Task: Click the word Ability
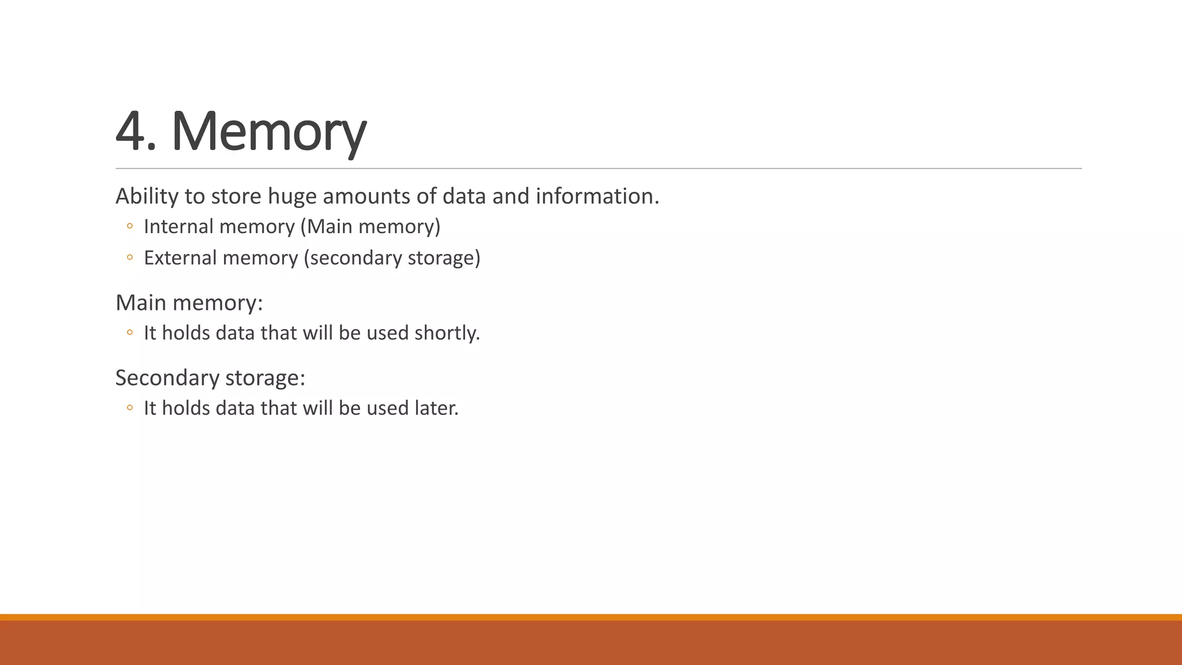click(147, 196)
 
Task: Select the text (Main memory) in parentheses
click(371, 226)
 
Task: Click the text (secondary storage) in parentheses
click(392, 258)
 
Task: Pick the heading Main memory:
click(189, 302)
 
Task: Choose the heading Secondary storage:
click(210, 378)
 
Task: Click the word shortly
click(447, 333)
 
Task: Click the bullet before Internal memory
click(129, 227)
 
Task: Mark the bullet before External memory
click(129, 258)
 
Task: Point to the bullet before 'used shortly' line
click(129, 333)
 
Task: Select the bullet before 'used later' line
click(129, 408)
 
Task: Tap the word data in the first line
click(464, 196)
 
